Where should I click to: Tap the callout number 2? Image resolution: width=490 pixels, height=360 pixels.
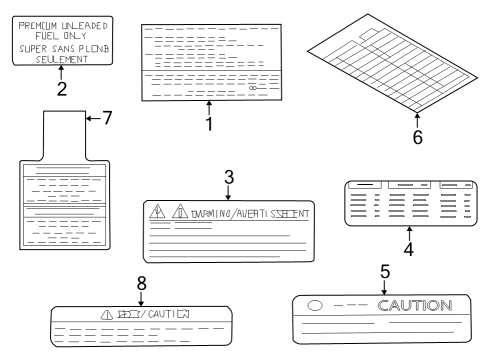click(62, 89)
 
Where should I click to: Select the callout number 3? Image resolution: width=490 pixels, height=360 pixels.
click(228, 177)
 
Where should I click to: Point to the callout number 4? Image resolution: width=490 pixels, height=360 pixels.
click(409, 249)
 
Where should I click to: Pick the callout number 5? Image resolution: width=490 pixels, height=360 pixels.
click(384, 271)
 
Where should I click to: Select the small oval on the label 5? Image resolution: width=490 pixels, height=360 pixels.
click(315, 305)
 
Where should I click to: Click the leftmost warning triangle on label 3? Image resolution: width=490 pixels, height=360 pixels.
click(158, 213)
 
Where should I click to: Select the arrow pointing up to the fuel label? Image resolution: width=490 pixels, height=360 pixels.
click(62, 72)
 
